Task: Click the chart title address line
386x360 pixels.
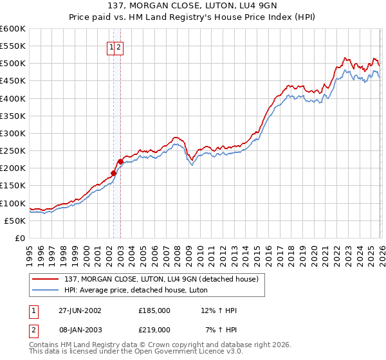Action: [193, 6]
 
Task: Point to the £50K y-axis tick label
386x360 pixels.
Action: [15, 221]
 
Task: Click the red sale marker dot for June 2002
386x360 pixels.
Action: [114, 173]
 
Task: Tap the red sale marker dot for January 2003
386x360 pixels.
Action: [120, 161]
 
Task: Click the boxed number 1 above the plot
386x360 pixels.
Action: [111, 47]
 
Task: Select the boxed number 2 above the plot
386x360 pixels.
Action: [119, 47]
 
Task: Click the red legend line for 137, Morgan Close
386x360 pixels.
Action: [46, 279]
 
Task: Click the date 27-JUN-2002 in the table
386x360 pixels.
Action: [80, 310]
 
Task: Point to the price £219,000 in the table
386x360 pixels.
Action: [154, 329]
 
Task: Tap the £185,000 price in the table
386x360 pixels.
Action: [154, 310]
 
